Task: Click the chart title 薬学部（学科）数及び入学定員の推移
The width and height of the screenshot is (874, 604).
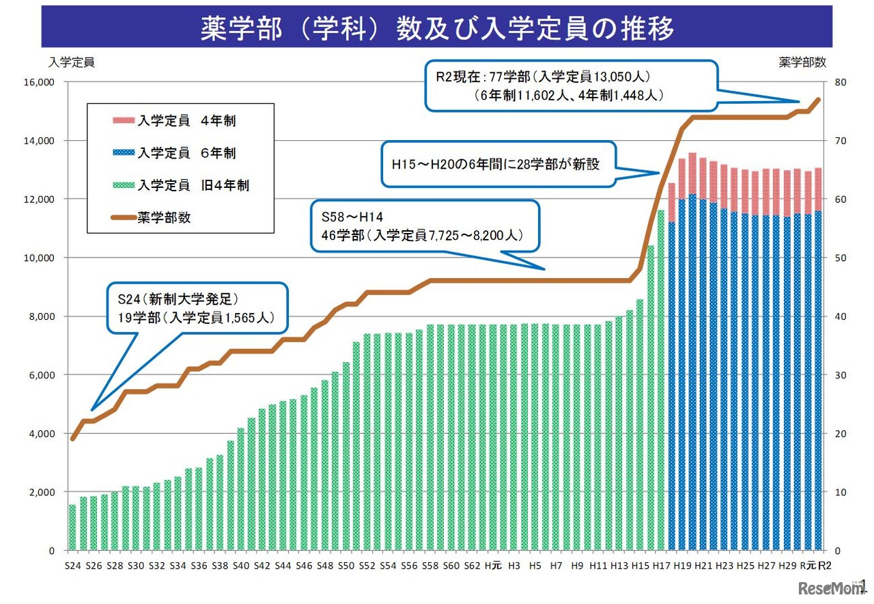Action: click(x=437, y=29)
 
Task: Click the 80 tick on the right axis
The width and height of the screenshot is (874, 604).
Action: click(x=840, y=83)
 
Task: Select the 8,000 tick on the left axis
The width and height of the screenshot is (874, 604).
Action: click(x=42, y=316)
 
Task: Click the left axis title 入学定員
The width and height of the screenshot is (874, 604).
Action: click(x=71, y=62)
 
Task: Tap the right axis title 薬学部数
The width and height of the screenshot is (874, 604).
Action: click(x=802, y=62)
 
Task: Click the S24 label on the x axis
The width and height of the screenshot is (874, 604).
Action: click(x=72, y=566)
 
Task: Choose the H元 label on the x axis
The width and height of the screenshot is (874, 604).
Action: click(x=493, y=566)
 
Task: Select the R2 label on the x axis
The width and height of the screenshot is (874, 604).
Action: click(x=825, y=566)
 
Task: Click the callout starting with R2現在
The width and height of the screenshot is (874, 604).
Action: click(x=571, y=85)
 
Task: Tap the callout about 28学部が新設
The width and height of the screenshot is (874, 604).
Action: click(x=498, y=165)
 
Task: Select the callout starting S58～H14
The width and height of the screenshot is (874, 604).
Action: click(x=424, y=225)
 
